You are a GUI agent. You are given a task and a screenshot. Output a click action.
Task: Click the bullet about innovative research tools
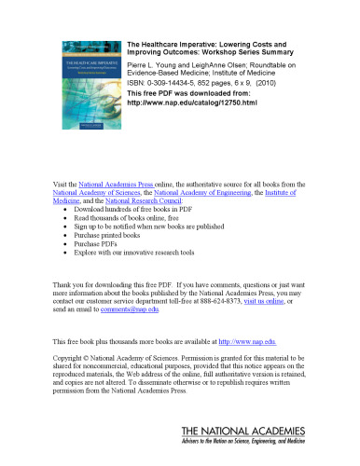click(x=141, y=252)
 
